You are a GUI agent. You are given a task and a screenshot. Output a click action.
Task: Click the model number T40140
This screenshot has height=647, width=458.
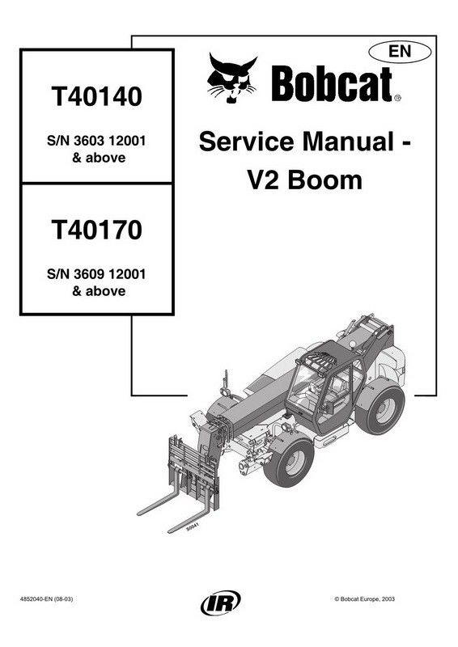pyautogui.click(x=96, y=95)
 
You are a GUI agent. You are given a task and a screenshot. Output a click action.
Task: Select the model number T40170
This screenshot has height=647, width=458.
pyautogui.click(x=96, y=230)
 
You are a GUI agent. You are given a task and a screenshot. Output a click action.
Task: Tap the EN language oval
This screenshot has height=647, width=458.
pyautogui.click(x=400, y=52)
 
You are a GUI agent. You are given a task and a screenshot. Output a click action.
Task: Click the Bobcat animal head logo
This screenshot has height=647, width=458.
pyautogui.click(x=231, y=78)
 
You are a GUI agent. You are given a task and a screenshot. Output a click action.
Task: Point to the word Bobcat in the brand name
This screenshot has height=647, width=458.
pyautogui.click(x=332, y=84)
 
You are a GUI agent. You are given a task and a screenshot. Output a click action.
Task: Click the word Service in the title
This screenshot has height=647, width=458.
pyautogui.click(x=246, y=142)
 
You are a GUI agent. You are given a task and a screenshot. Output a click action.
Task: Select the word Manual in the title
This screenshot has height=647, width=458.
pyautogui.click(x=348, y=142)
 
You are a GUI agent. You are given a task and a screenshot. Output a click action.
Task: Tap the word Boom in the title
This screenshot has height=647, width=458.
pyautogui.click(x=325, y=180)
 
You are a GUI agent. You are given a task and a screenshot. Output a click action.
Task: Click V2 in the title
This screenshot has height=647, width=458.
pyautogui.click(x=263, y=180)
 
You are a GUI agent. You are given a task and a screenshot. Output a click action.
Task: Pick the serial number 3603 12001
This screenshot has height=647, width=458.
pyautogui.click(x=109, y=141)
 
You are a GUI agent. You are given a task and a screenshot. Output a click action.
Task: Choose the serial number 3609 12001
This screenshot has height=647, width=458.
pyautogui.click(x=109, y=274)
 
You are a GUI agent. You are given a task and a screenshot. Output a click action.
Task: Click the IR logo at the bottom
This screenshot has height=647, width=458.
pyautogui.click(x=221, y=603)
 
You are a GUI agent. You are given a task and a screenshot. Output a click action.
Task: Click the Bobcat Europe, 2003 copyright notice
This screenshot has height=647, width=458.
pyautogui.click(x=364, y=598)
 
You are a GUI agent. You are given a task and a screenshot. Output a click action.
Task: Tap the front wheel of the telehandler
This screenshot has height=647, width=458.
pyautogui.click(x=289, y=463)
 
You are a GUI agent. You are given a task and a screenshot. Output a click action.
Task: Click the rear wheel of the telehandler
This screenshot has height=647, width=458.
pyautogui.click(x=381, y=409)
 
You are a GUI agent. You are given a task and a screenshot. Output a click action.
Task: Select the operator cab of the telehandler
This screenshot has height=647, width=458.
pyautogui.click(x=326, y=386)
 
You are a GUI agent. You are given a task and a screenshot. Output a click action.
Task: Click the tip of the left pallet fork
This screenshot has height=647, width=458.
pyautogui.click(x=138, y=514)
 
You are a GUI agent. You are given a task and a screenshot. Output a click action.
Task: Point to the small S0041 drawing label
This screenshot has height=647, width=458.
pyautogui.click(x=193, y=526)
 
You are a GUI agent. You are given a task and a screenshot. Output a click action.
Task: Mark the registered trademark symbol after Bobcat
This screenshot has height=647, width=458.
pyautogui.click(x=397, y=98)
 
